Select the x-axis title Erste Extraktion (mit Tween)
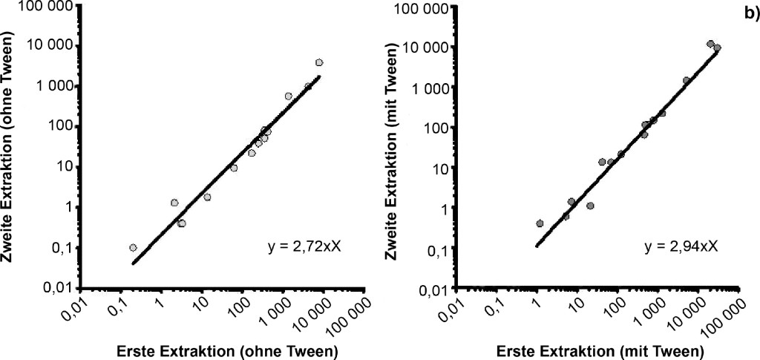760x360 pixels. pos(596,349)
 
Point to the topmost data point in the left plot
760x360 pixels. pos(319,62)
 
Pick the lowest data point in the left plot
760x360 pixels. pos(133,247)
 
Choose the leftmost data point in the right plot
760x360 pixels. pos(540,223)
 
